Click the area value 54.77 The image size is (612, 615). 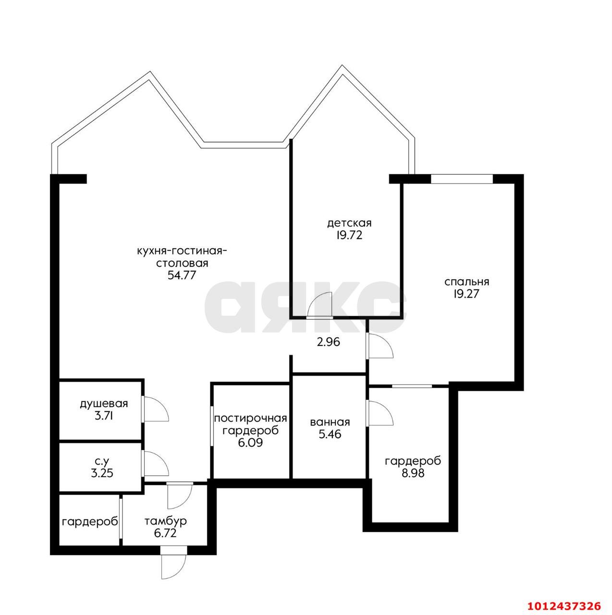tap(182, 275)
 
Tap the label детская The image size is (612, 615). tap(349, 223)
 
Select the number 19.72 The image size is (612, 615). tap(349, 235)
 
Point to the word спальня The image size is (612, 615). tap(466, 282)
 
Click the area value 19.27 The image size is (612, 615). tap(466, 294)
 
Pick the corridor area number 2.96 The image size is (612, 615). tap(328, 342)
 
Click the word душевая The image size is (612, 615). tap(104, 404)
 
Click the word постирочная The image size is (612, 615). tap(250, 418)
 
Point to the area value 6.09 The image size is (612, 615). tap(250, 443)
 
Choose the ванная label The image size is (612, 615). tap(330, 422)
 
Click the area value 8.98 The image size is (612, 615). tap(413, 473)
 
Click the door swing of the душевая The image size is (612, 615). tap(155, 409)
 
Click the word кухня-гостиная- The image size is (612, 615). tap(182, 251)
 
